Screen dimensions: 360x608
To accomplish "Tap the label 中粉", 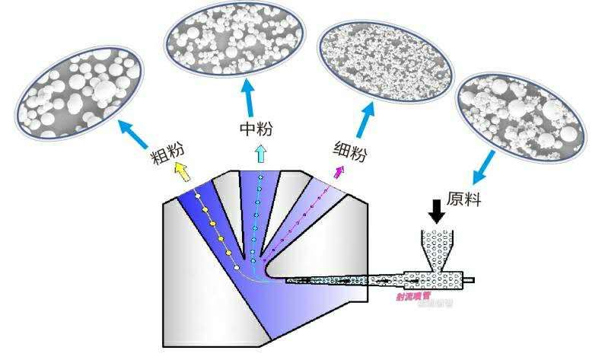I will point(256,127).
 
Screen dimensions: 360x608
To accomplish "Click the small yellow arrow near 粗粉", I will point(181,170).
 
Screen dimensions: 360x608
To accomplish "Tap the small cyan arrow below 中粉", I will point(259,154).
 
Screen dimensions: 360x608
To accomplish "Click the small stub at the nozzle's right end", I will point(470,280).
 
